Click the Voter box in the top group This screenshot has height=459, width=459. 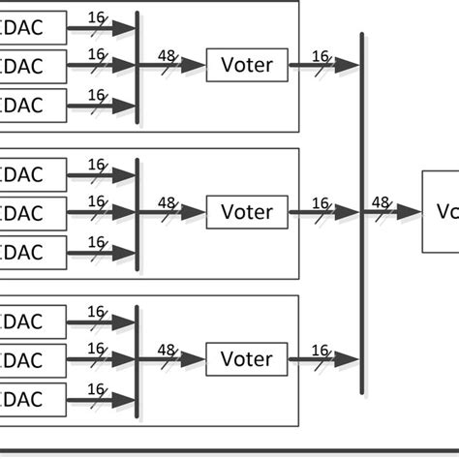click(x=247, y=66)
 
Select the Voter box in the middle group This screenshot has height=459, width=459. click(x=247, y=212)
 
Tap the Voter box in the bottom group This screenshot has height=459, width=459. click(x=247, y=358)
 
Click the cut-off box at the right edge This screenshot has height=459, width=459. click(x=441, y=212)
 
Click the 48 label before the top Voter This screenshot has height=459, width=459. click(x=167, y=57)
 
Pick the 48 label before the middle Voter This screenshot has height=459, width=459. click(x=167, y=203)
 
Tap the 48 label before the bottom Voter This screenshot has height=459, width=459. click(x=167, y=350)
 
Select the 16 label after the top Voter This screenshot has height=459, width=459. click(x=321, y=57)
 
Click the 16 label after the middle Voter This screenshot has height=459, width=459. click(x=321, y=203)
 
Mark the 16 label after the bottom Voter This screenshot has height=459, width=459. click(x=321, y=350)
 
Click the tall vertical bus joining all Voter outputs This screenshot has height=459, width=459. click(x=362, y=213)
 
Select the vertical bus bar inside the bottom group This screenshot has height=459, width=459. click(x=138, y=358)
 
